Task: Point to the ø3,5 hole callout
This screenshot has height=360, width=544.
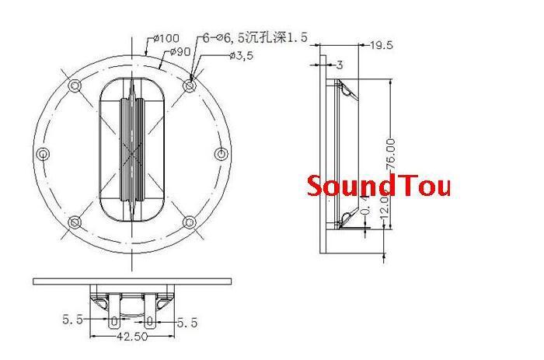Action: click(x=243, y=55)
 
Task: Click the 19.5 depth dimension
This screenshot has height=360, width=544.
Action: click(x=381, y=45)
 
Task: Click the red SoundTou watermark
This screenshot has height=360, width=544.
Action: click(x=378, y=187)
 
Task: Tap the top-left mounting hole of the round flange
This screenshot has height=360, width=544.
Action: click(x=75, y=84)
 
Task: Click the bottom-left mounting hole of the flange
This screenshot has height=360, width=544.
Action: click(x=75, y=223)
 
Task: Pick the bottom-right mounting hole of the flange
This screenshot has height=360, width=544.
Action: click(x=190, y=223)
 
